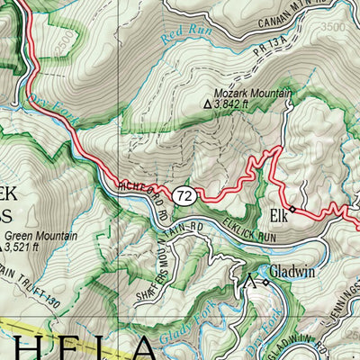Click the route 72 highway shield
point(185,194)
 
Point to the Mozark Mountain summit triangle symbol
point(209,104)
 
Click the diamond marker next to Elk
point(292,208)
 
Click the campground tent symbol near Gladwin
point(249,282)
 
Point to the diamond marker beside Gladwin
point(265,283)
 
